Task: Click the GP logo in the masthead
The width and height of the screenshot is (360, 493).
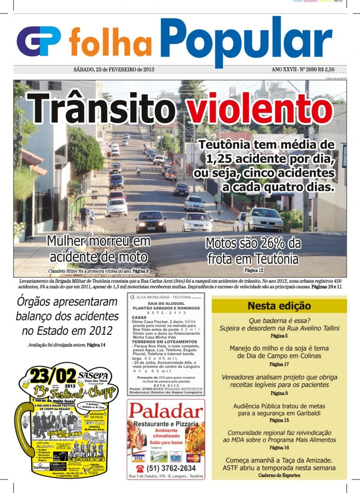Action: pos(39,41)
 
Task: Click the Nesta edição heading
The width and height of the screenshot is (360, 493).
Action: pos(279,306)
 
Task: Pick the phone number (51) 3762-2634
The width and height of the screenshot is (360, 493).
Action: pos(165,469)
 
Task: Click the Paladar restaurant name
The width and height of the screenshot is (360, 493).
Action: pos(165,411)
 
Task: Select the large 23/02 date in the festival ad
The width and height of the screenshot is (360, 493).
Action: pos(53,375)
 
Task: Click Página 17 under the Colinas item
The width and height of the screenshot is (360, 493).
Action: pos(279,364)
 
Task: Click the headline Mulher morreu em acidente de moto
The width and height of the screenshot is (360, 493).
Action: pos(98,249)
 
